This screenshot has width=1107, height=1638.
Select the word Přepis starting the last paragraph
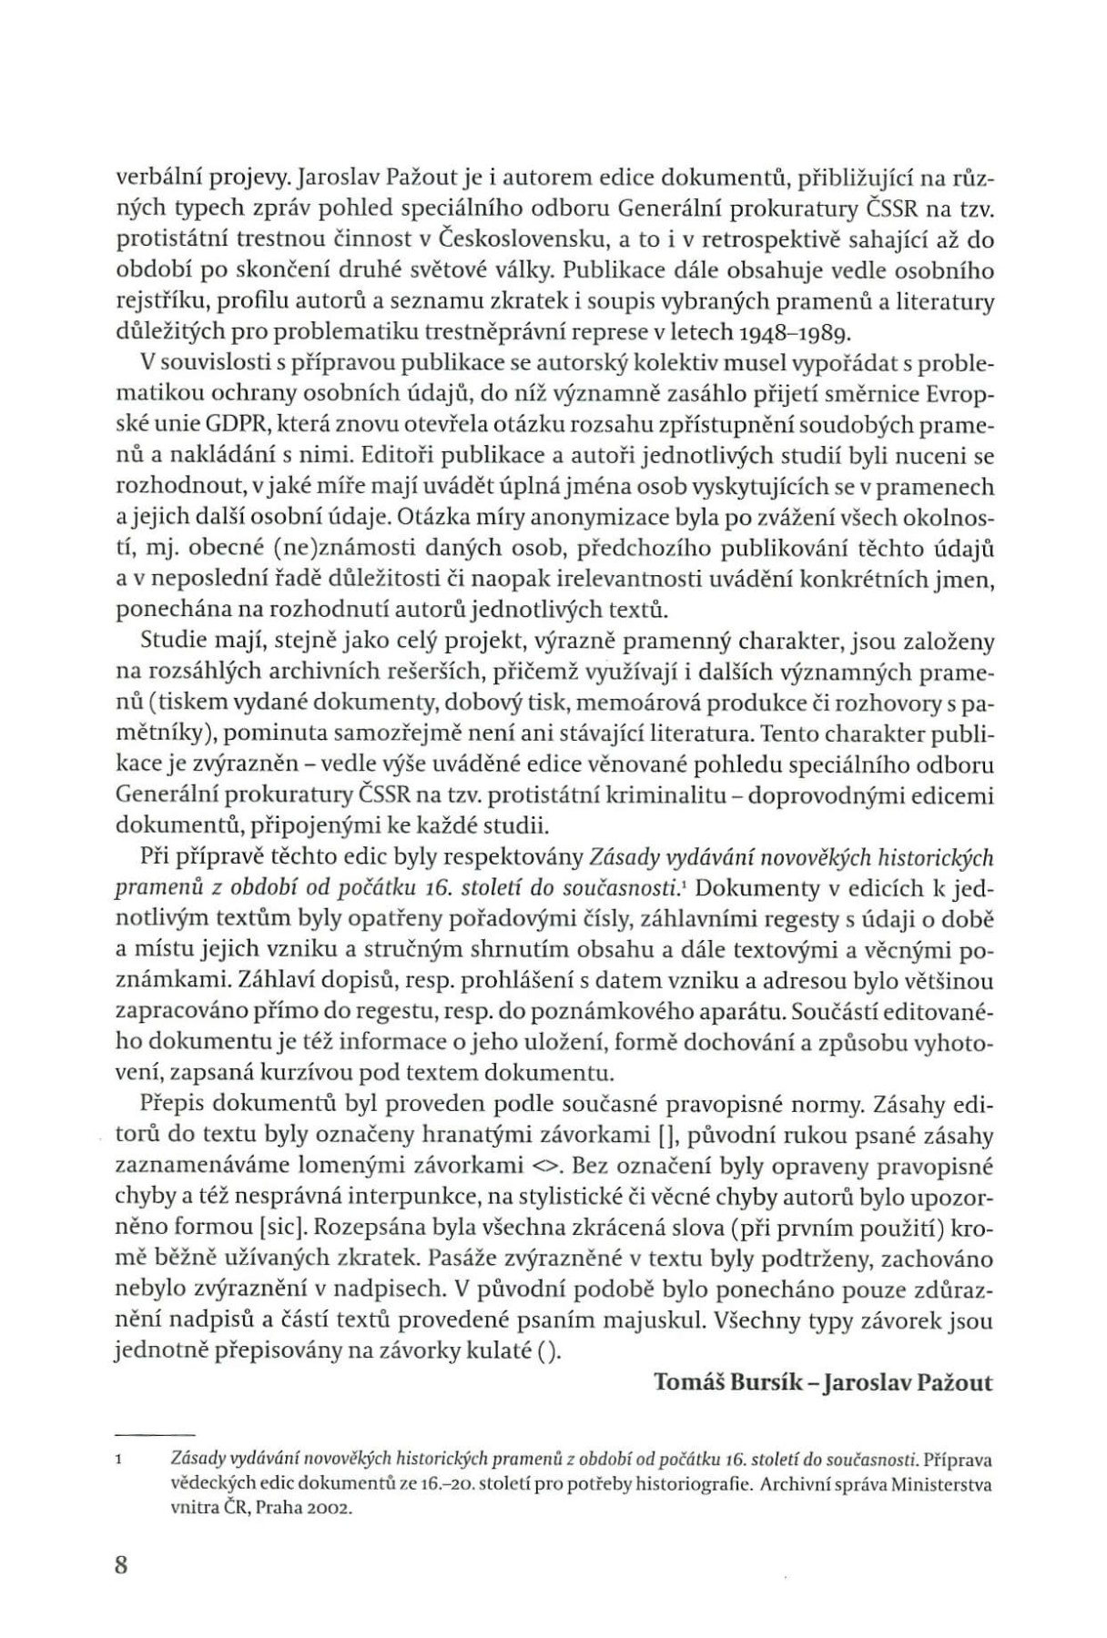point(170,1105)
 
